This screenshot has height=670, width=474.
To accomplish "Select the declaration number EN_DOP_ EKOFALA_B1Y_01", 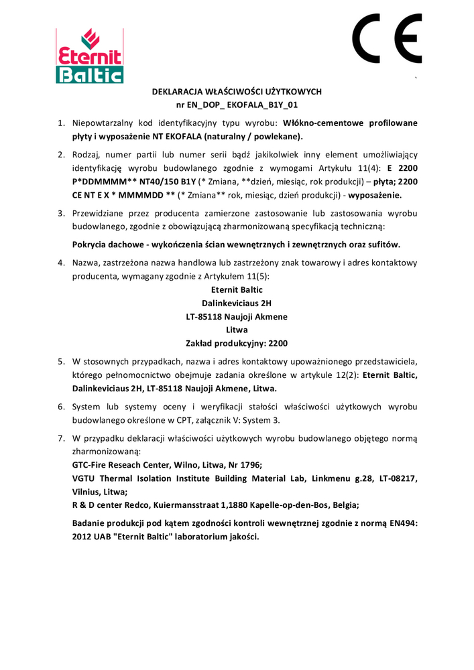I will click(x=245, y=105).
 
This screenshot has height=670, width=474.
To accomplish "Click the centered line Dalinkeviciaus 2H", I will click(x=237, y=303).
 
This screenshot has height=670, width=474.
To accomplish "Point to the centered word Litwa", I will click(x=237, y=330).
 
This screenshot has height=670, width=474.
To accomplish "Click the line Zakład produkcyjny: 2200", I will click(x=237, y=343).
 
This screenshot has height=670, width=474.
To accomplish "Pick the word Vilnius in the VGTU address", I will click(x=87, y=491).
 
